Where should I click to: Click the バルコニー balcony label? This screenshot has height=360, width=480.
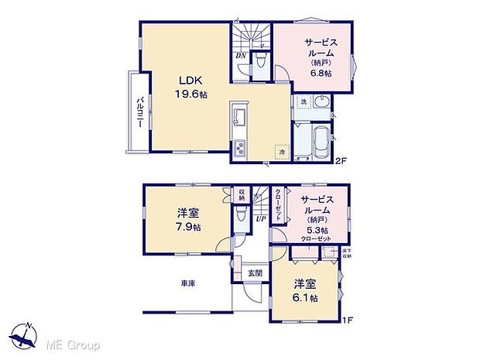click(x=140, y=113)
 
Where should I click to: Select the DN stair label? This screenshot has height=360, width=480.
click(x=240, y=55)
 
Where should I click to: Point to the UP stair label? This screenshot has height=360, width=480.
click(x=261, y=218)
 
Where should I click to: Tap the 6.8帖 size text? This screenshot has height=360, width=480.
click(x=321, y=73)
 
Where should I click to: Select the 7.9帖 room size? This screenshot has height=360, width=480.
click(x=187, y=228)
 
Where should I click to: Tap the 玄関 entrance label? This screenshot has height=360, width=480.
click(x=255, y=273)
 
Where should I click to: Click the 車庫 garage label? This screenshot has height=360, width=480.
click(x=187, y=284)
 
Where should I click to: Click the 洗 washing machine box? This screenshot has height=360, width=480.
click(x=303, y=102)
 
